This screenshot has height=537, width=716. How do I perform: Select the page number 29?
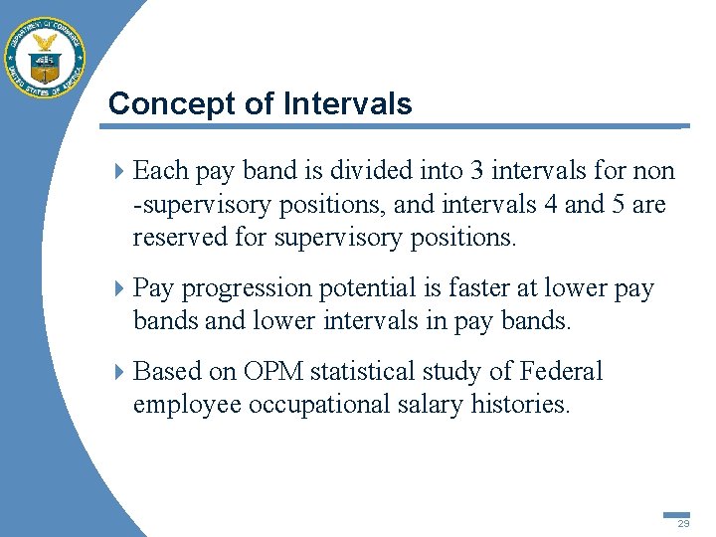[x=683, y=524]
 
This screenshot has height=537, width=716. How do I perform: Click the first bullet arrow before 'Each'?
[x=120, y=172]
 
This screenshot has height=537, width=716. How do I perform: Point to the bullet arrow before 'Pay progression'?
[x=120, y=289]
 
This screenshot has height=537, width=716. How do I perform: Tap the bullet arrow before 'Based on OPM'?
[x=120, y=372]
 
